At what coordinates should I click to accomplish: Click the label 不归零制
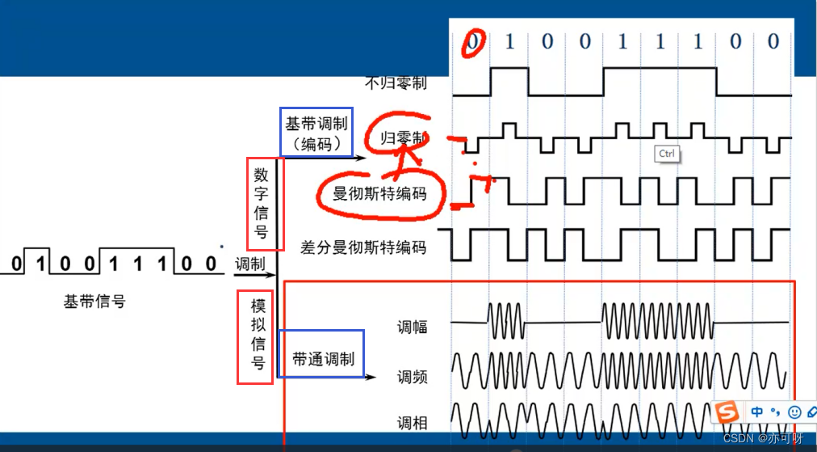point(396,82)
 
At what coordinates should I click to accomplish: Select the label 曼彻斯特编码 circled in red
point(379,194)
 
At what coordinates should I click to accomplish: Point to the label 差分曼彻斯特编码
point(363,247)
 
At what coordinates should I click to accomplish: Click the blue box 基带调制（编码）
point(316,133)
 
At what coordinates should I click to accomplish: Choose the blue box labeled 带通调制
point(321,353)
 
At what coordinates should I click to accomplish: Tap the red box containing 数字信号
point(261,204)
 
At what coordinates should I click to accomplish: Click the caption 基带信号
point(94,302)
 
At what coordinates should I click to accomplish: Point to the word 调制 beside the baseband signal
point(249,264)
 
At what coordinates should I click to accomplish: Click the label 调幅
point(412,327)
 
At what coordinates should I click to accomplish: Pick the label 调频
point(412,377)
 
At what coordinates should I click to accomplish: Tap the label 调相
point(412,423)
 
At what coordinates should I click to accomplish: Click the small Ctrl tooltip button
point(666,154)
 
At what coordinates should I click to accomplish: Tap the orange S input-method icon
point(728,412)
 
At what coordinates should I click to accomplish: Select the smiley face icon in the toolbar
point(794,412)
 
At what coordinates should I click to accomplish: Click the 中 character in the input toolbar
point(757,412)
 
